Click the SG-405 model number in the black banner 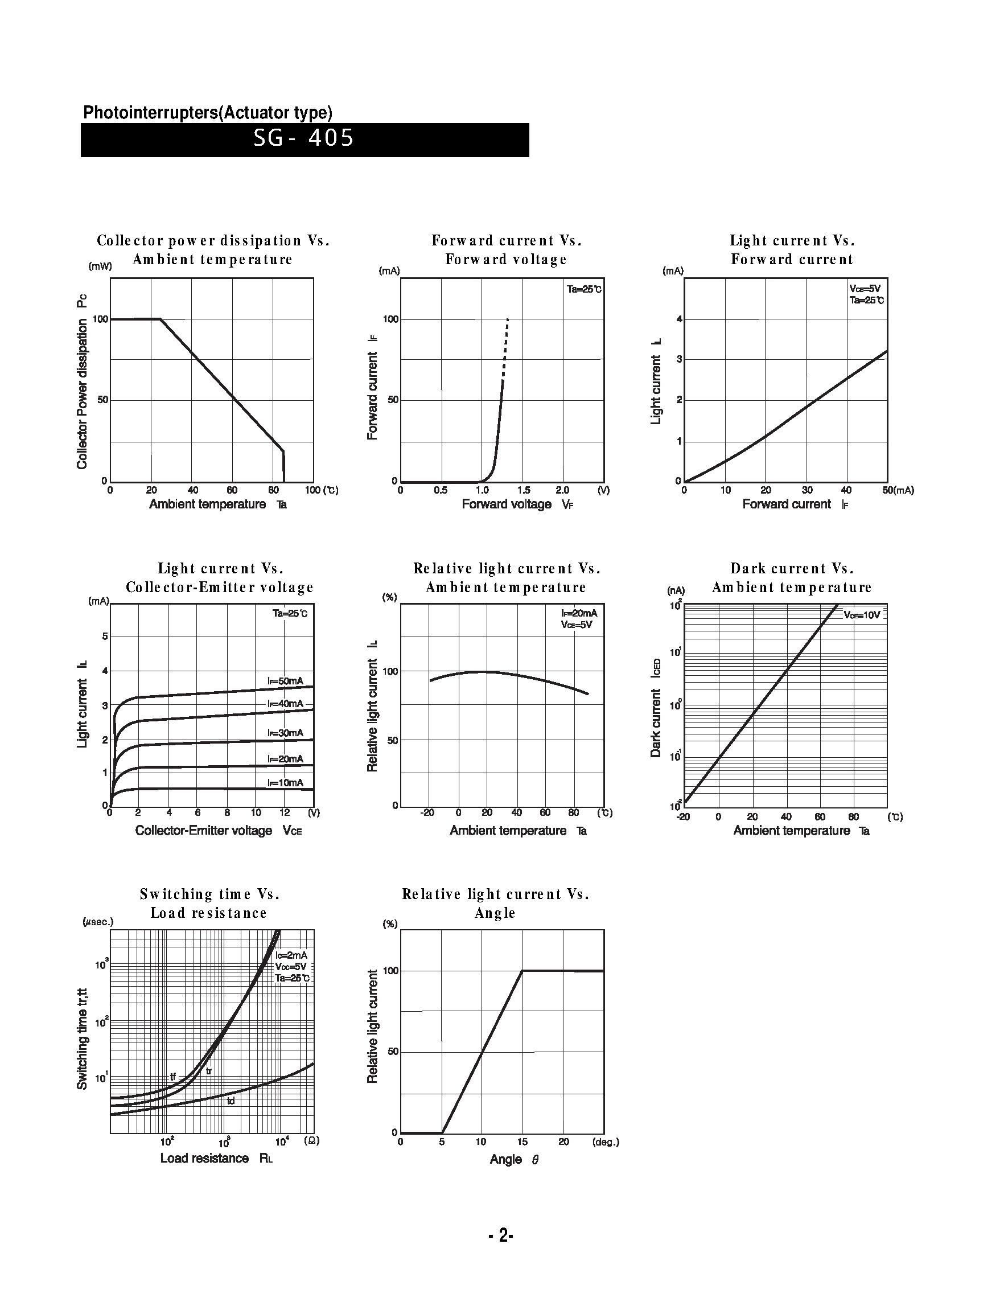click(x=303, y=139)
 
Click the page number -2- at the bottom click(x=501, y=1235)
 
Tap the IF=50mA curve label click(x=285, y=681)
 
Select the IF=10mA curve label click(x=285, y=783)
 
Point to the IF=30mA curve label click(x=285, y=733)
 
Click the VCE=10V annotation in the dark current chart click(x=862, y=615)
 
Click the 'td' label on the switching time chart click(x=231, y=1101)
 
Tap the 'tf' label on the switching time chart click(x=173, y=1077)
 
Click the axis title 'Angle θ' click(x=514, y=1159)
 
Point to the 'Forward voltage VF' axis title click(x=517, y=504)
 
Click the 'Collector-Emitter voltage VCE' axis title click(x=219, y=831)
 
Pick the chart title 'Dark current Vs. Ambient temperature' click(x=792, y=578)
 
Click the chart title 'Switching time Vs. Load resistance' click(x=209, y=904)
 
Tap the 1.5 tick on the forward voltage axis click(x=524, y=490)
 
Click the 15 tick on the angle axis click(x=522, y=1142)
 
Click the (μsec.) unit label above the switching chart click(x=98, y=922)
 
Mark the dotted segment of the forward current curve click(x=505, y=348)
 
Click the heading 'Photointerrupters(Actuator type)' click(x=208, y=113)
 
